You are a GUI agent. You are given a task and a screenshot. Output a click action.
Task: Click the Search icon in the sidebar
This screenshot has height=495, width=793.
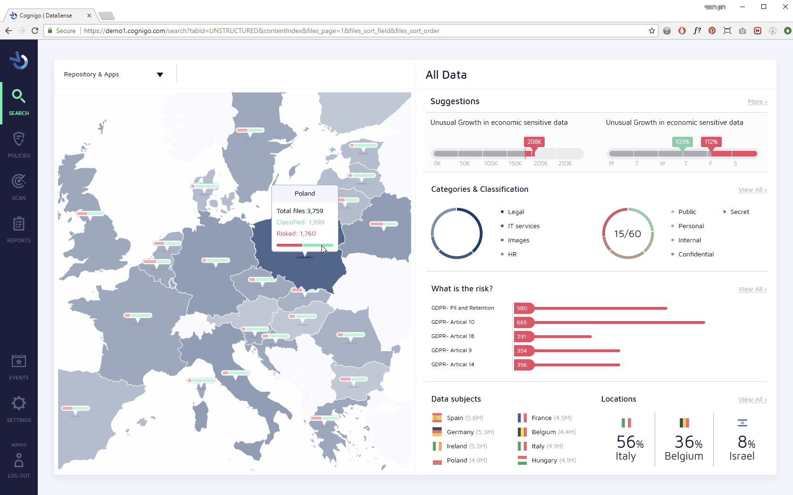(x=18, y=96)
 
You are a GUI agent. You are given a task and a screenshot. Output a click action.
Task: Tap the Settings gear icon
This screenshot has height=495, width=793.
(x=19, y=404)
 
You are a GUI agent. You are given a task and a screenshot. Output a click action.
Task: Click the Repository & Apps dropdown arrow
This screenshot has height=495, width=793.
(x=160, y=75)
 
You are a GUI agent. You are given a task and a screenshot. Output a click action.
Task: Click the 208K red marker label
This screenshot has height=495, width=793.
(x=534, y=141)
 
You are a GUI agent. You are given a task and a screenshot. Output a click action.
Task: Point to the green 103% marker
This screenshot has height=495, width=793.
(x=682, y=141)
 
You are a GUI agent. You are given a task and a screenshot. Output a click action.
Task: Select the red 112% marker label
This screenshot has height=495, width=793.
(x=711, y=141)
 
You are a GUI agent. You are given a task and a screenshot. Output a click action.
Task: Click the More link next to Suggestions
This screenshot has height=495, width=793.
(x=757, y=102)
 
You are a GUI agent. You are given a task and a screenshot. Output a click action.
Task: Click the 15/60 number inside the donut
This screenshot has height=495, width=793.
(x=627, y=234)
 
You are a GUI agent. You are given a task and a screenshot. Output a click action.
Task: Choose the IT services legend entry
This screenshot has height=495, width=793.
(x=523, y=226)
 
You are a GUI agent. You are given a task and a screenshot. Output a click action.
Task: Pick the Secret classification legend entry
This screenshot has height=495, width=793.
(x=739, y=212)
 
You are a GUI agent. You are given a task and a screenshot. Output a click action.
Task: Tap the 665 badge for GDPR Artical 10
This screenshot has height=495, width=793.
(x=522, y=322)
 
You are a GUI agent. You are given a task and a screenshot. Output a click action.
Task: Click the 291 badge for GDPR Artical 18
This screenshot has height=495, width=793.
(x=522, y=337)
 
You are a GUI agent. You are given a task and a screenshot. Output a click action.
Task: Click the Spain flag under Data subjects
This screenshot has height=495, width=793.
(x=437, y=418)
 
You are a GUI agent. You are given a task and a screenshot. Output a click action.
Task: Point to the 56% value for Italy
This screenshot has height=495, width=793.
(x=630, y=442)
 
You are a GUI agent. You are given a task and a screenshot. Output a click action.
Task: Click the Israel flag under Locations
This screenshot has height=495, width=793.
(x=742, y=423)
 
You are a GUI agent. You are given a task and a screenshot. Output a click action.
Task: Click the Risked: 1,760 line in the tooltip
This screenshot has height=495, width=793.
(x=296, y=234)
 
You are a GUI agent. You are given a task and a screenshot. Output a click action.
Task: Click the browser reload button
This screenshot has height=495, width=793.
(x=35, y=31)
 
